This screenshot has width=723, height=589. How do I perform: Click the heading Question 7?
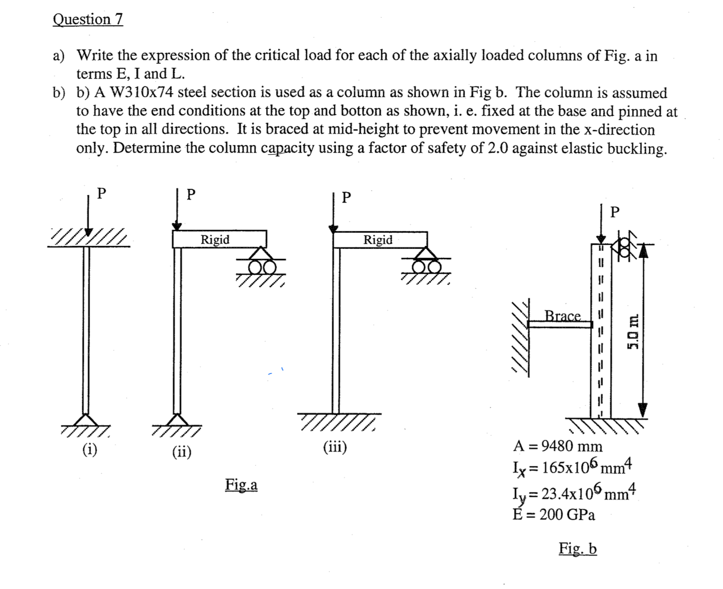pos(88,19)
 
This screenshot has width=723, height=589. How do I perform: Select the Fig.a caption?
pos(241,484)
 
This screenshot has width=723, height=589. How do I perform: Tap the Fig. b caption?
pos(577,548)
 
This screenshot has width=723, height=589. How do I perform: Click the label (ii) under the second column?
pos(182,451)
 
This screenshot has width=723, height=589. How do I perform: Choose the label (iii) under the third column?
pos(335,447)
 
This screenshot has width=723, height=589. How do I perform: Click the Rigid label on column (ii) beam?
pos(215,239)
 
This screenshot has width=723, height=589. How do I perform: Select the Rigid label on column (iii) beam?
pos(378,239)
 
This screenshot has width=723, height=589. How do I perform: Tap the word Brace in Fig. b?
pos(563,315)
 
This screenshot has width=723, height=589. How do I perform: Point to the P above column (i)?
pos(101,193)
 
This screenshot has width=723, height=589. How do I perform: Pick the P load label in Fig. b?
pos(615,212)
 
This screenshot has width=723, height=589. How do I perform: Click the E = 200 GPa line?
pos(554,514)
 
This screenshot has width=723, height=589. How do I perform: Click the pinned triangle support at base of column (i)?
pos(85,420)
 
